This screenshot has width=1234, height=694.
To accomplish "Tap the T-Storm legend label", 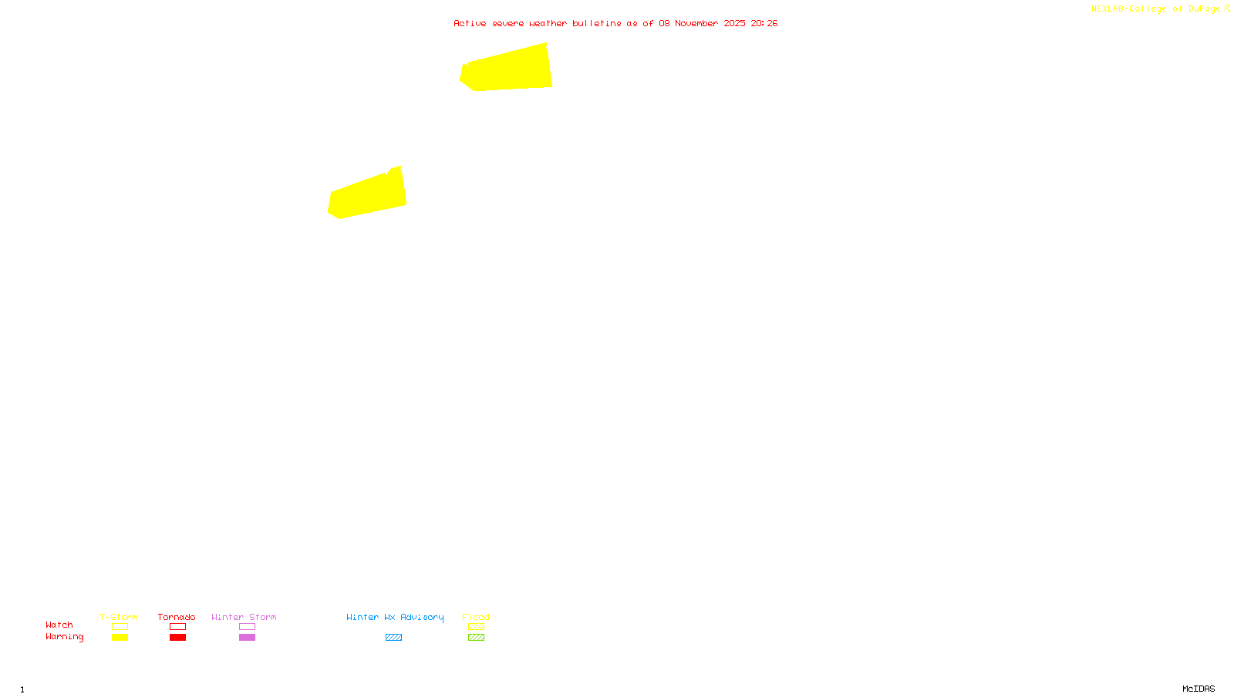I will coord(119,617).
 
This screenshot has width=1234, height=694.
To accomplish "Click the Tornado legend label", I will coord(177,617).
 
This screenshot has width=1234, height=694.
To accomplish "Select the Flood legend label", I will coord(476,617).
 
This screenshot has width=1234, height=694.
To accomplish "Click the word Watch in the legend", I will coord(59,625).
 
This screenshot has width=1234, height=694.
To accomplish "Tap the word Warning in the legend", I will coord(64,637).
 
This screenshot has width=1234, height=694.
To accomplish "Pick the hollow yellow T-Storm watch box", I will coord(120,627).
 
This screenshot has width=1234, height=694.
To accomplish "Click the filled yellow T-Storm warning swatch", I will coord(120,638).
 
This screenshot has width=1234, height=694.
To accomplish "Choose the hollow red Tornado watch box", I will coord(177,627).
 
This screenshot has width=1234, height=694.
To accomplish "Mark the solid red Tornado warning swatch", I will coord(177,638).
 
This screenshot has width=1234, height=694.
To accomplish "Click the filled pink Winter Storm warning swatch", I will coord(247,638).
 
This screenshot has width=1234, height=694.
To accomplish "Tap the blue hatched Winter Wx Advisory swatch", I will coord(393,638).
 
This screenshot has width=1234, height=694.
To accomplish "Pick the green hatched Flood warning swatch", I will coord(476,638).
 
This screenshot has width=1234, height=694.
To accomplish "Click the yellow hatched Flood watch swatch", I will coord(476,627).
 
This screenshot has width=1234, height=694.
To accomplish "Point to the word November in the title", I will coord(696,23).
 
